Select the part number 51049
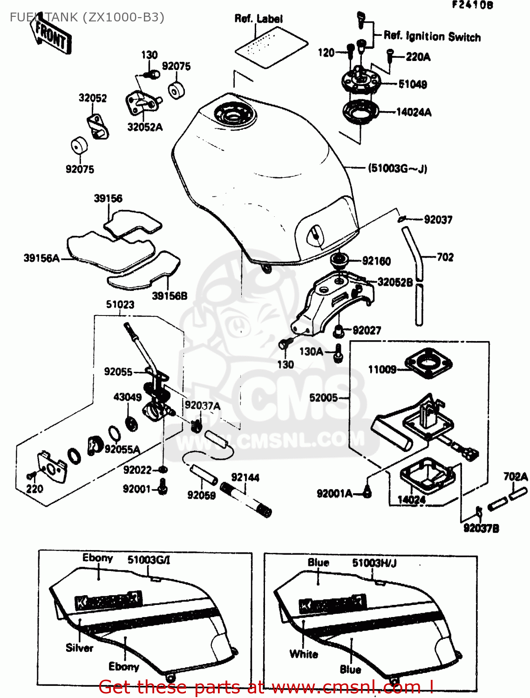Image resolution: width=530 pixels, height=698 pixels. pyautogui.click(x=413, y=84)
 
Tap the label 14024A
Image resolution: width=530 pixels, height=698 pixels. pyautogui.click(x=414, y=112)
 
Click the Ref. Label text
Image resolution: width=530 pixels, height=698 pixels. pyautogui.click(x=258, y=19)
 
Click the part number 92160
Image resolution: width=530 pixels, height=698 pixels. pyautogui.click(x=376, y=261)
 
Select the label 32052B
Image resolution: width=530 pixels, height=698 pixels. pyautogui.click(x=395, y=282)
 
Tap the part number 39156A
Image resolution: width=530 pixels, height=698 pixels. pyautogui.click(x=41, y=258)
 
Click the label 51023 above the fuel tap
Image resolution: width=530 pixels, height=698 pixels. pyautogui.click(x=120, y=304)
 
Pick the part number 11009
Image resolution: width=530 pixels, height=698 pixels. pyautogui.click(x=382, y=369)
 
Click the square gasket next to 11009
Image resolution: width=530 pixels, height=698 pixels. pyautogui.click(x=428, y=363)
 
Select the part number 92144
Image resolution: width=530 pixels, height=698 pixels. pyautogui.click(x=245, y=477)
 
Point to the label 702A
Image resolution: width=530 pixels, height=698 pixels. pyautogui.click(x=515, y=477)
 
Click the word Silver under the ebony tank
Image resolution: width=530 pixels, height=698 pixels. pyautogui.click(x=79, y=648)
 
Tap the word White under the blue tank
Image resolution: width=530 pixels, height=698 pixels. pyautogui.click(x=304, y=654)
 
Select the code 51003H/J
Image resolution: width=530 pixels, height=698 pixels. pyautogui.click(x=374, y=563)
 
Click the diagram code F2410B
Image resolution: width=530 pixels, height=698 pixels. pyautogui.click(x=472, y=5)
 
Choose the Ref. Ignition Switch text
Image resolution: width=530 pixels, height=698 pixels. pyautogui.click(x=432, y=36)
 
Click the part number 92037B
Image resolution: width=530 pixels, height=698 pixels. pyautogui.click(x=481, y=528)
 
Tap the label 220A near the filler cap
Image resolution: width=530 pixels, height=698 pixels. pyautogui.click(x=418, y=57)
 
